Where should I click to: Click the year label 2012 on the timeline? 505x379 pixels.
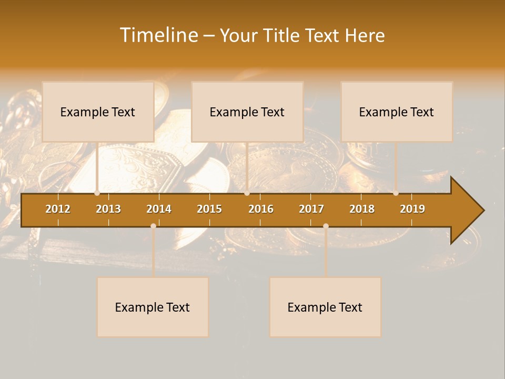[x=58, y=209]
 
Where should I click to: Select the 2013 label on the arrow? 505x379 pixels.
[x=108, y=209]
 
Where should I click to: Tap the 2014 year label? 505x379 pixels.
[x=159, y=209]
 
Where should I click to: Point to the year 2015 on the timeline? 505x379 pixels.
[x=209, y=209]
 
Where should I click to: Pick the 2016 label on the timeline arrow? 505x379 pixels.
[x=261, y=209]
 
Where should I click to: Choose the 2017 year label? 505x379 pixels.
[x=311, y=209]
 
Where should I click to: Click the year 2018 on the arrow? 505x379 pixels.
[x=362, y=209]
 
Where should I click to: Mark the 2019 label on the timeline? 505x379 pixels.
[x=412, y=209]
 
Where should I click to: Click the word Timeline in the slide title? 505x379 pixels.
[x=158, y=35]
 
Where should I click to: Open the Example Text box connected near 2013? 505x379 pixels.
[x=98, y=112]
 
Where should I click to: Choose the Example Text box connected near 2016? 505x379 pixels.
[x=247, y=112]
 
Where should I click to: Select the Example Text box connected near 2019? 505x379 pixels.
[x=397, y=112]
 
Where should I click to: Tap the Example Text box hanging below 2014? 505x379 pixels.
[x=153, y=307]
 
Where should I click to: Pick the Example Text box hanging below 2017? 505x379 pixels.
[x=325, y=307]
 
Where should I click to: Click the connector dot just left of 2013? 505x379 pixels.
[x=97, y=193]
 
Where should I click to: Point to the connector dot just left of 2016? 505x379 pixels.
[x=247, y=193]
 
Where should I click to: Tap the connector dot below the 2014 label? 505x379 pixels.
[x=153, y=226]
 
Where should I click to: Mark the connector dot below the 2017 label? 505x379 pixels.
[x=326, y=226]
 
